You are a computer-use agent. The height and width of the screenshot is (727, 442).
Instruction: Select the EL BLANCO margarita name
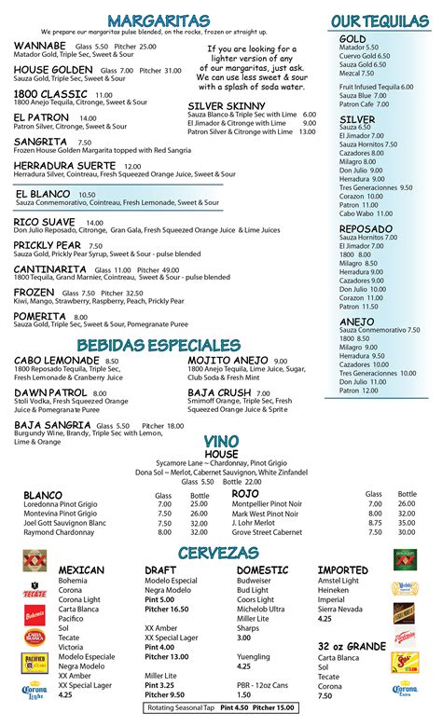pyautogui.click(x=43, y=193)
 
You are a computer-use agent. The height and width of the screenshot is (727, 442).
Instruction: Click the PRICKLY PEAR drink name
pyautogui.click(x=48, y=245)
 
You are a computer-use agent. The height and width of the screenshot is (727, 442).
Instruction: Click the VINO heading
pyautogui.click(x=221, y=441)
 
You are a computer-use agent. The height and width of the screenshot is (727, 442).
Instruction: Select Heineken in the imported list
pyautogui.click(x=335, y=590)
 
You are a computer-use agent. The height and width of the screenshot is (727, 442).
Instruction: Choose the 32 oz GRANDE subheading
pyautogui.click(x=352, y=646)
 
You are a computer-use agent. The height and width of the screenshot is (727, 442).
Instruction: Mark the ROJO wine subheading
pyautogui.click(x=245, y=493)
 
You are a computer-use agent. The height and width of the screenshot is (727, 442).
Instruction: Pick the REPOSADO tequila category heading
pyautogui.click(x=366, y=227)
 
